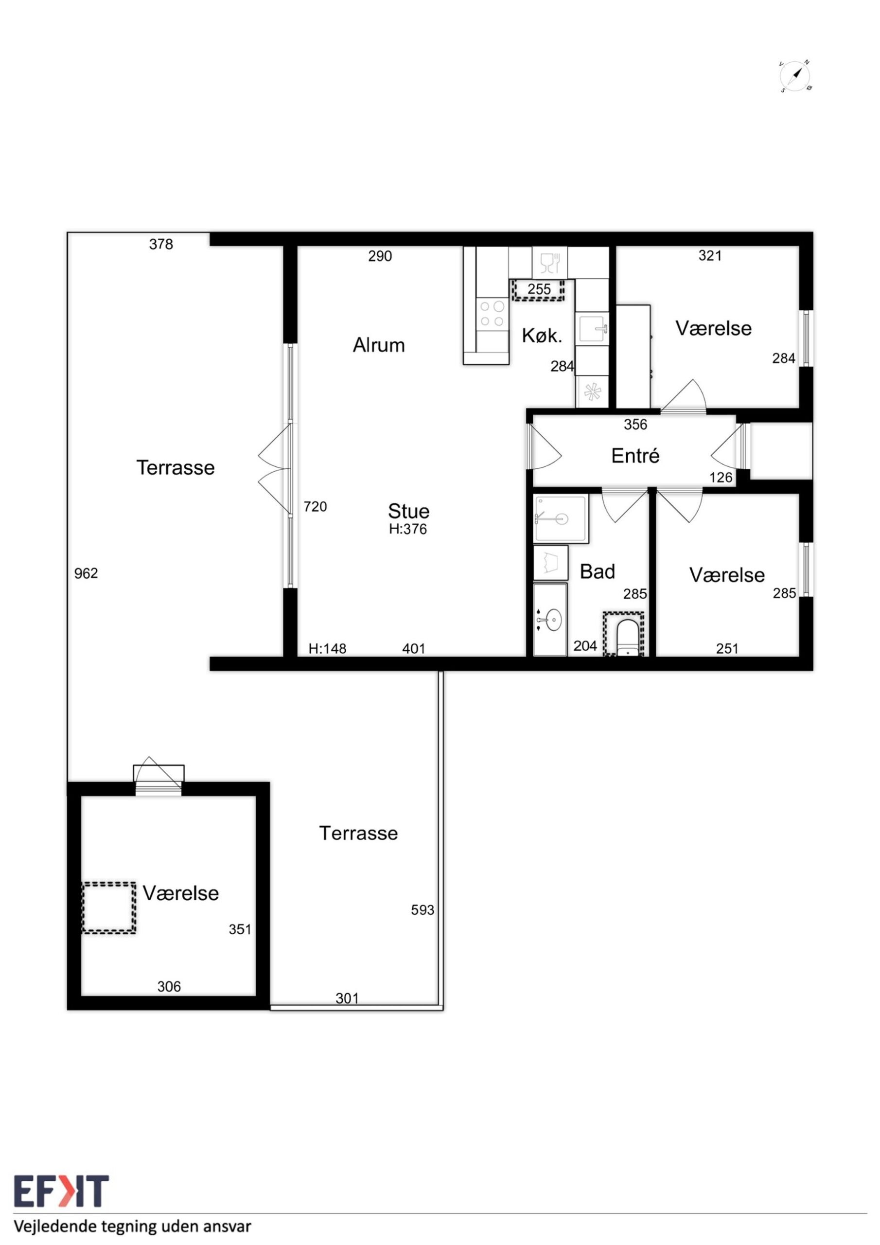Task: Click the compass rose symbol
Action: pos(795,76)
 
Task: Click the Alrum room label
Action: pos(379,345)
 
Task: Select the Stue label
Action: pos(409,511)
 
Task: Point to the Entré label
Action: pos(635,456)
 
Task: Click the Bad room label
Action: pos(598,571)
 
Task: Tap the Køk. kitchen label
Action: pos(542,336)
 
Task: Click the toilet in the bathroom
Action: pos(630,638)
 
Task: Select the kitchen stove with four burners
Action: pos(493,314)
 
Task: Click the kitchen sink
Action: pos(592,329)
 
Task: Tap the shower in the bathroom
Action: pos(561,519)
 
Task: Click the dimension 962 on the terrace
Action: pos(86,573)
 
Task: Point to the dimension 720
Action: pos(315,506)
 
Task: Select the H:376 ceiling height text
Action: pos(408,529)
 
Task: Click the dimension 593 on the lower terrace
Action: pos(422,910)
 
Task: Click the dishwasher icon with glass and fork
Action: pos(550,263)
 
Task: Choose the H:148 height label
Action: pos(328,649)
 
